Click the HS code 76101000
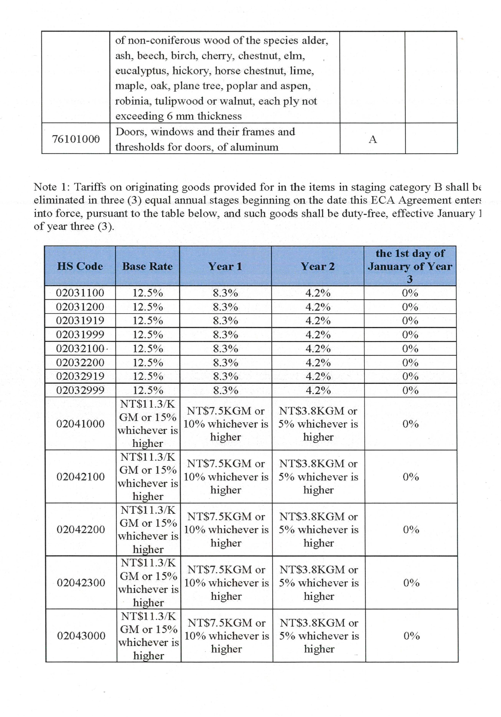tap(76, 139)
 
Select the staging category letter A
tap(373, 139)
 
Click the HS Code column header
tap(80, 266)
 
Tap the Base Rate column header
tap(147, 266)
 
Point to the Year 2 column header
tap(318, 266)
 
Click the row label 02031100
tap(80, 293)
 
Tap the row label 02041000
tap(80, 424)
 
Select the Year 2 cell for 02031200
tap(318, 307)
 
